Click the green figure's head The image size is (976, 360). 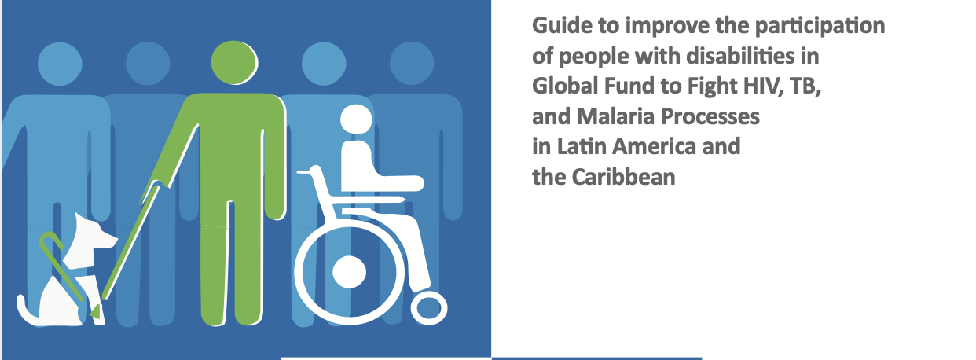pos(234,62)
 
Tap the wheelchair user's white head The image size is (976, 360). pos(356,119)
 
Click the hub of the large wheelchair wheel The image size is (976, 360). pos(349,271)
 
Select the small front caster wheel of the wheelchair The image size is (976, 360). pos(429,307)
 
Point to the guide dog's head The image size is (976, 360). pos(94,235)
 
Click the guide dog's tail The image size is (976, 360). pos(27,310)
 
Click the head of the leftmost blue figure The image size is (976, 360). pos(60,64)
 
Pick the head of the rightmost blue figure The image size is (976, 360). pos(412,63)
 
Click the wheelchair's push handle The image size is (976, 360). pos(306,172)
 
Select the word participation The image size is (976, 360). pos(820,27)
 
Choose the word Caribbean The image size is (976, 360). pos(623,177)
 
